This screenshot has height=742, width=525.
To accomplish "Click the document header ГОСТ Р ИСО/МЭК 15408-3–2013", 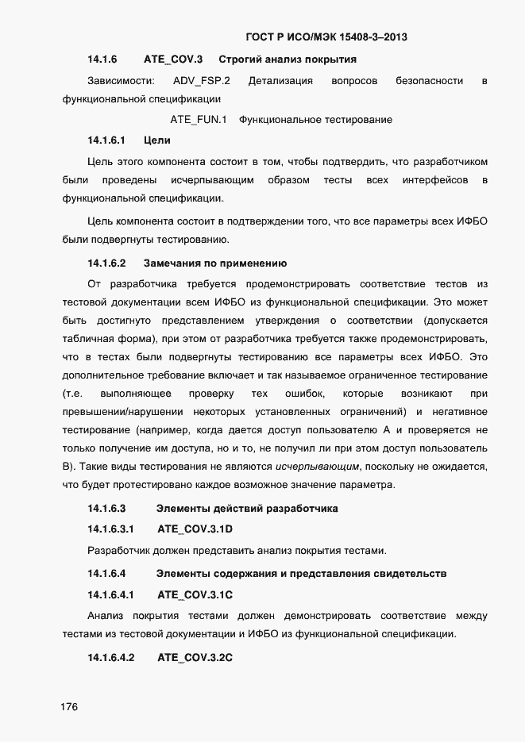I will point(328,37).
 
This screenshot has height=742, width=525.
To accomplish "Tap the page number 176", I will point(69,708).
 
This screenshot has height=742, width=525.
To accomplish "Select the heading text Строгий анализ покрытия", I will point(287,60).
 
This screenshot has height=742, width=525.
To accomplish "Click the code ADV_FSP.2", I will point(201,81).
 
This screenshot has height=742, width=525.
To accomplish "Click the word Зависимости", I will point(120,81).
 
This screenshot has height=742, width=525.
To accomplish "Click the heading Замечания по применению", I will point(214,263).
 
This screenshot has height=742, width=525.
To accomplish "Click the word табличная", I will point(87,338).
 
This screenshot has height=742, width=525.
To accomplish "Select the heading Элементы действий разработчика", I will point(247,508).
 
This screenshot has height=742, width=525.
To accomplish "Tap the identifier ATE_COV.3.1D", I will point(195,529).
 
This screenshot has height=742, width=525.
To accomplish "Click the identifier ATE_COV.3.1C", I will point(195,594).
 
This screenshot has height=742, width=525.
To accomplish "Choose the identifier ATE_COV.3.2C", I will point(195,658).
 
